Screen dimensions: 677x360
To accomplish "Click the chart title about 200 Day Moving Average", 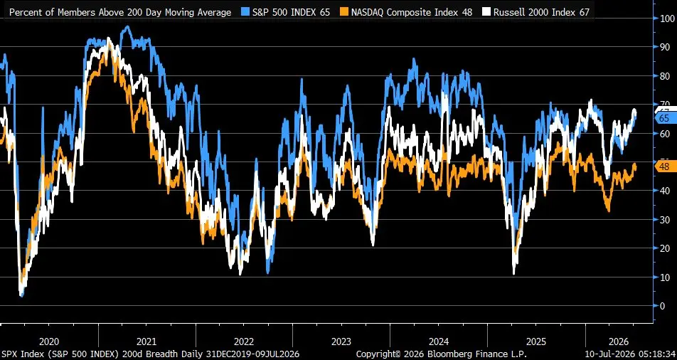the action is click(x=120, y=12).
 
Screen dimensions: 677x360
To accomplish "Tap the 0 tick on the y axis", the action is click(x=662, y=305).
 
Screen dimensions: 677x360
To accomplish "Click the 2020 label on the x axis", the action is click(x=49, y=342).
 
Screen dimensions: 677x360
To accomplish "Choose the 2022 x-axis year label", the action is click(x=244, y=342).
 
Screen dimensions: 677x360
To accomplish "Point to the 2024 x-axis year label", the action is click(x=439, y=342).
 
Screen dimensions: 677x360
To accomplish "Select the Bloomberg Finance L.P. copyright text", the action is click(x=442, y=354).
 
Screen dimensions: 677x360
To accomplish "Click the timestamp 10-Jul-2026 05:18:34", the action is click(x=630, y=354).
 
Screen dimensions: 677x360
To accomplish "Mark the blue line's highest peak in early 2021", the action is click(x=127, y=27).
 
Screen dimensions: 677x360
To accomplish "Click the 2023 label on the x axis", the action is click(x=341, y=342).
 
